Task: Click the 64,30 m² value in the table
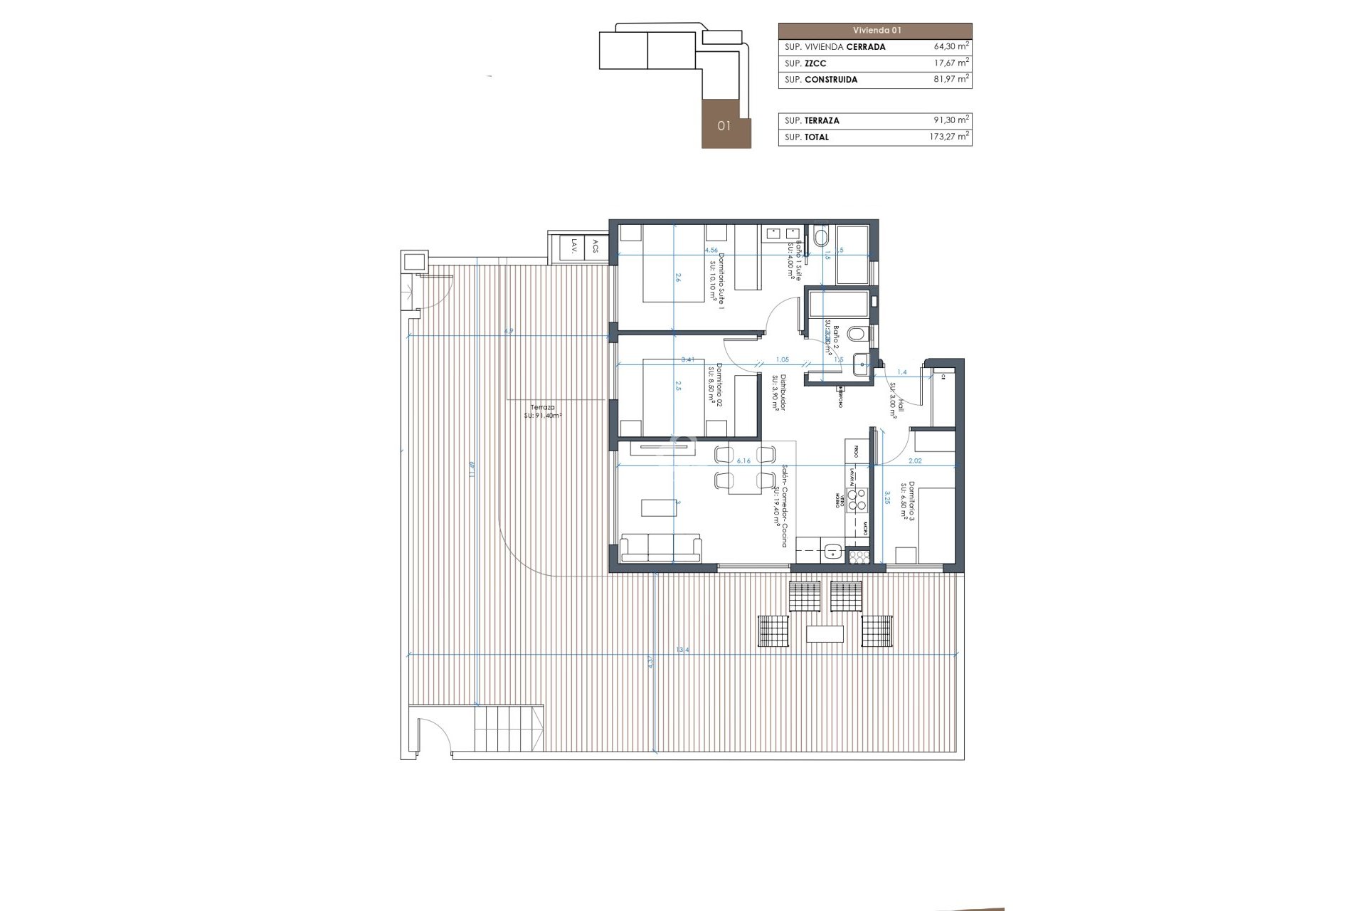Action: (951, 46)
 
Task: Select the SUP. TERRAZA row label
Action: (812, 121)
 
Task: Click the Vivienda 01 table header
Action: (875, 31)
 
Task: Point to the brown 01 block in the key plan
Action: (726, 125)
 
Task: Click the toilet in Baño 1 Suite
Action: (820, 237)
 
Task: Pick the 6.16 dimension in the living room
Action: (743, 461)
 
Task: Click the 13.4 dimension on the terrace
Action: (683, 650)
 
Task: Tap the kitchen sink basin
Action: (832, 549)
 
